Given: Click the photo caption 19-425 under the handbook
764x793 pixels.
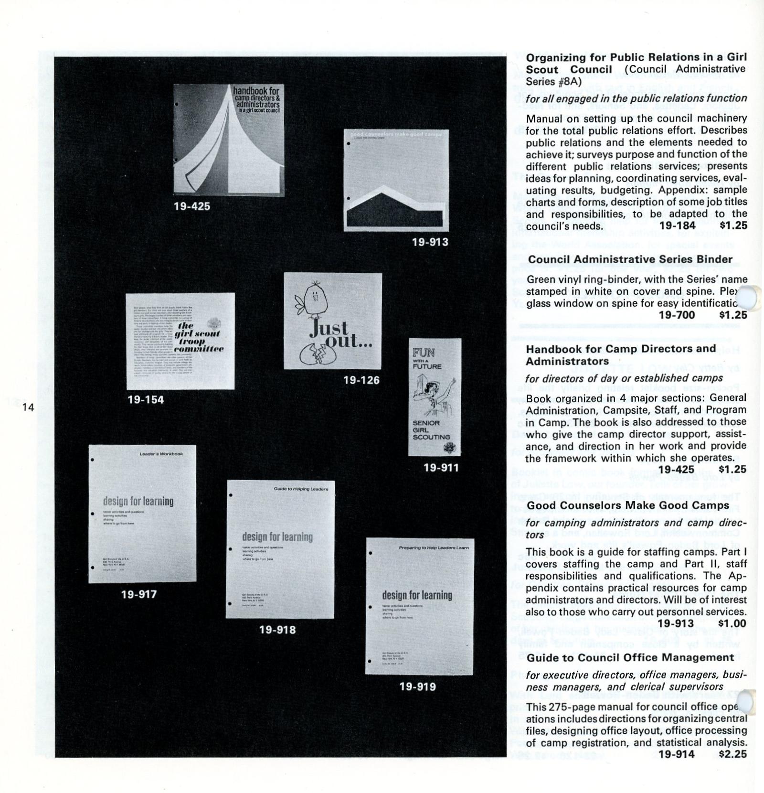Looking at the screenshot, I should pyautogui.click(x=192, y=206).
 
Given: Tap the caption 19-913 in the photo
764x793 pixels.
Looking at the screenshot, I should pyautogui.click(x=430, y=242).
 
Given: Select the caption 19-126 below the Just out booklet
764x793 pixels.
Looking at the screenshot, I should pyautogui.click(x=361, y=380).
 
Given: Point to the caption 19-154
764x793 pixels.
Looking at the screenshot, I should pyautogui.click(x=146, y=400).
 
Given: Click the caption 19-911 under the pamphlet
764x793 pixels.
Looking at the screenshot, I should pyautogui.click(x=441, y=468).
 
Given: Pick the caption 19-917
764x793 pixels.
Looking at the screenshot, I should pyautogui.click(x=139, y=594).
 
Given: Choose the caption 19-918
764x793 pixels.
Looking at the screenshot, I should pyautogui.click(x=277, y=630).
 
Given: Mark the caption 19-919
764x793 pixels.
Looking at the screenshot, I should pyautogui.click(x=417, y=686).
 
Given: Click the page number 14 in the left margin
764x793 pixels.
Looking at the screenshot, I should pyautogui.click(x=28, y=407).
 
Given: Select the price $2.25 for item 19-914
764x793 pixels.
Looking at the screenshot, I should pyautogui.click(x=732, y=754).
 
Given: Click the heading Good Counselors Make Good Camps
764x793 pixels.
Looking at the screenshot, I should pyautogui.click(x=627, y=505).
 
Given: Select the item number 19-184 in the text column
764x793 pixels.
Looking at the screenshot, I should pyautogui.click(x=677, y=225).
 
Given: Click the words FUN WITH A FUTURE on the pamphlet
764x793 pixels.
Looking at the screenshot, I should pyautogui.click(x=427, y=359).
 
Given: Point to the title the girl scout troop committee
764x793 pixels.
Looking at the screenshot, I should pyautogui.click(x=200, y=337).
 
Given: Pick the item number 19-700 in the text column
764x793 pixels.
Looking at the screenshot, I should pyautogui.click(x=677, y=315).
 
